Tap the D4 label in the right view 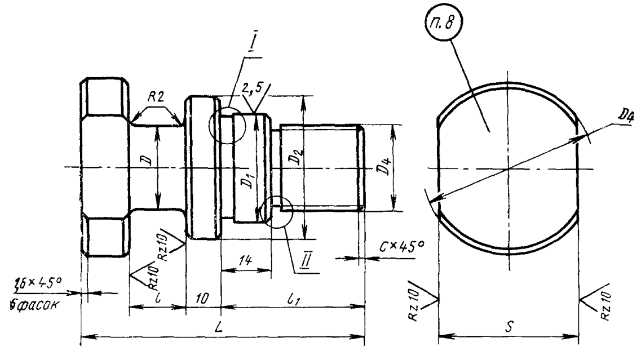[x=623, y=117]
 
